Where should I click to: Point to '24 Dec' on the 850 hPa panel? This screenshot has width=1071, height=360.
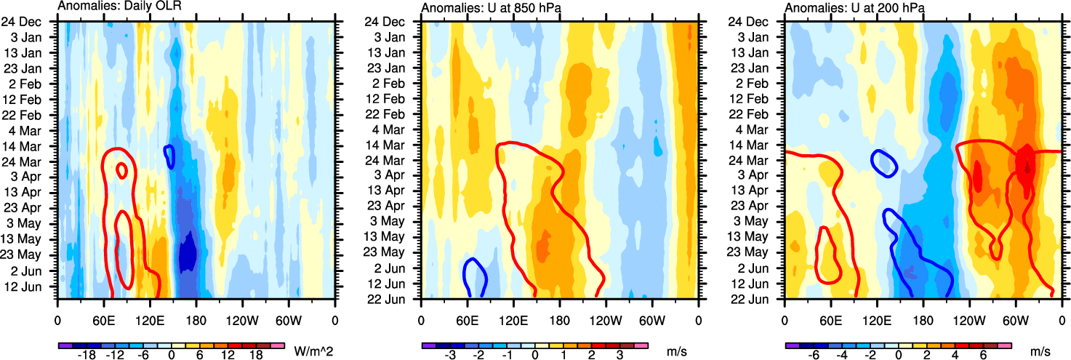pyautogui.click(x=393, y=21)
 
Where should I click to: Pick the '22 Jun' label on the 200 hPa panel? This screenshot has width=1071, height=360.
pyautogui.click(x=757, y=298)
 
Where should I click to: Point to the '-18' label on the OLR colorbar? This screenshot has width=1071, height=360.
pyautogui.click(x=87, y=355)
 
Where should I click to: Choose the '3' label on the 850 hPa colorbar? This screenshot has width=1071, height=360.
pyautogui.click(x=619, y=355)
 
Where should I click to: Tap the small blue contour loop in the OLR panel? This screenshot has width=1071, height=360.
pyautogui.click(x=169, y=156)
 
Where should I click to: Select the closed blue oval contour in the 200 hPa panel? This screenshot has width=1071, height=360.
pyautogui.click(x=885, y=163)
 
